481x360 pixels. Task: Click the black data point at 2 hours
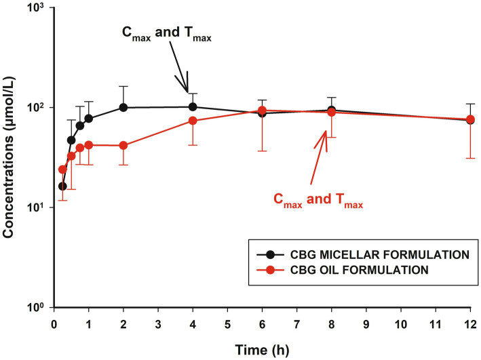click(123, 107)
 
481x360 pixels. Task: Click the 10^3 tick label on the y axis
click(37, 9)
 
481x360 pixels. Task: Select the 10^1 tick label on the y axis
click(37, 207)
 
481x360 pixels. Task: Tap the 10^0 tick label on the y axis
click(37, 307)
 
